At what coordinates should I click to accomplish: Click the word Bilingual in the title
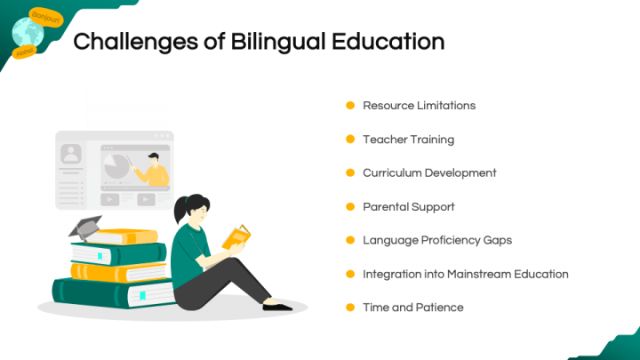[277, 42]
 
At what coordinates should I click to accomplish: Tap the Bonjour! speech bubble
[46, 17]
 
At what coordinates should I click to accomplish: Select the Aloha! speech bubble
[25, 52]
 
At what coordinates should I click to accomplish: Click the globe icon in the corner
[28, 33]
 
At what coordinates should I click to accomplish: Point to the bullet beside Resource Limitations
[350, 105]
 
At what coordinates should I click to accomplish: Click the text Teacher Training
[409, 140]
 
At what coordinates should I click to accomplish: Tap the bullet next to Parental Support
[350, 206]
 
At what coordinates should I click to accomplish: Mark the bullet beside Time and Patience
[350, 308]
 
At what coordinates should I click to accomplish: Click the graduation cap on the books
[85, 228]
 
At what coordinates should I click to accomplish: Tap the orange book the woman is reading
[236, 237]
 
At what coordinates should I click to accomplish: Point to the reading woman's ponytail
[180, 209]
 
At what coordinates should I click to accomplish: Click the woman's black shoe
[277, 307]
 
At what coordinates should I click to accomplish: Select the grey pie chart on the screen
[116, 166]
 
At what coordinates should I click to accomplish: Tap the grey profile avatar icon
[70, 154]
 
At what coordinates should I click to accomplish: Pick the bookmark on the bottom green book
[142, 295]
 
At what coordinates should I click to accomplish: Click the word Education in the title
[388, 42]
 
